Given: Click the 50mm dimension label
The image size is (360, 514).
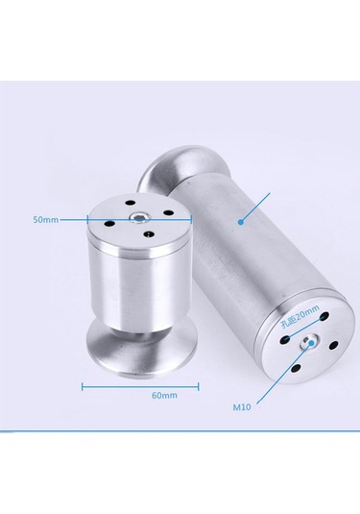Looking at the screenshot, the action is pyautogui.click(x=45, y=220).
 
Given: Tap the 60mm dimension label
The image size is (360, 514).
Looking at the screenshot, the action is pyautogui.click(x=164, y=395).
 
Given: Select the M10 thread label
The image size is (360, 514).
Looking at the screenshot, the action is pyautogui.click(x=242, y=407).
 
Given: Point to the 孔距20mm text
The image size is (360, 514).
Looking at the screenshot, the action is pyautogui.click(x=300, y=316).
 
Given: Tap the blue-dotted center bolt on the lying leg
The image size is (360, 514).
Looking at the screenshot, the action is pyautogui.click(x=309, y=343).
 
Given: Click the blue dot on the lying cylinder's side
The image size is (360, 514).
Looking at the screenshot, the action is pyautogui.click(x=241, y=222).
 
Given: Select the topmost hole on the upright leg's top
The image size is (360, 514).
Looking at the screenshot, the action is pyautogui.click(x=130, y=203).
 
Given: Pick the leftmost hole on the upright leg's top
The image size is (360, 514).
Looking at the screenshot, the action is pyautogui.click(x=108, y=224).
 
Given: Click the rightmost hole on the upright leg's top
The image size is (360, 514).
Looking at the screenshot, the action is pyautogui.click(x=168, y=213).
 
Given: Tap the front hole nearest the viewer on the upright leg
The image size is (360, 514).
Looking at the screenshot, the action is pyautogui.click(x=149, y=234).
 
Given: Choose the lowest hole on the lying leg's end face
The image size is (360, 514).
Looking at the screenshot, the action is pyautogui.click(x=296, y=368).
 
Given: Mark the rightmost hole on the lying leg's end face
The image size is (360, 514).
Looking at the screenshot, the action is pyautogui.click(x=333, y=345).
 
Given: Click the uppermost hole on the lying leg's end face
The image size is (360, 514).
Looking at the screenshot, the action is pyautogui.click(x=324, y=316).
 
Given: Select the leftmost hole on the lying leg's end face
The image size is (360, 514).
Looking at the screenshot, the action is pyautogui.click(x=285, y=340).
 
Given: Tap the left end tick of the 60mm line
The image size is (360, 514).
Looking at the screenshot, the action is pyautogui.click(x=83, y=387).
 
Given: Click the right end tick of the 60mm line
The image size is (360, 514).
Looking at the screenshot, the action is pyautogui.click(x=199, y=387).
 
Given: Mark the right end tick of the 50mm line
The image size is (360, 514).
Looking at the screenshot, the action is pyautogui.click(x=191, y=220).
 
